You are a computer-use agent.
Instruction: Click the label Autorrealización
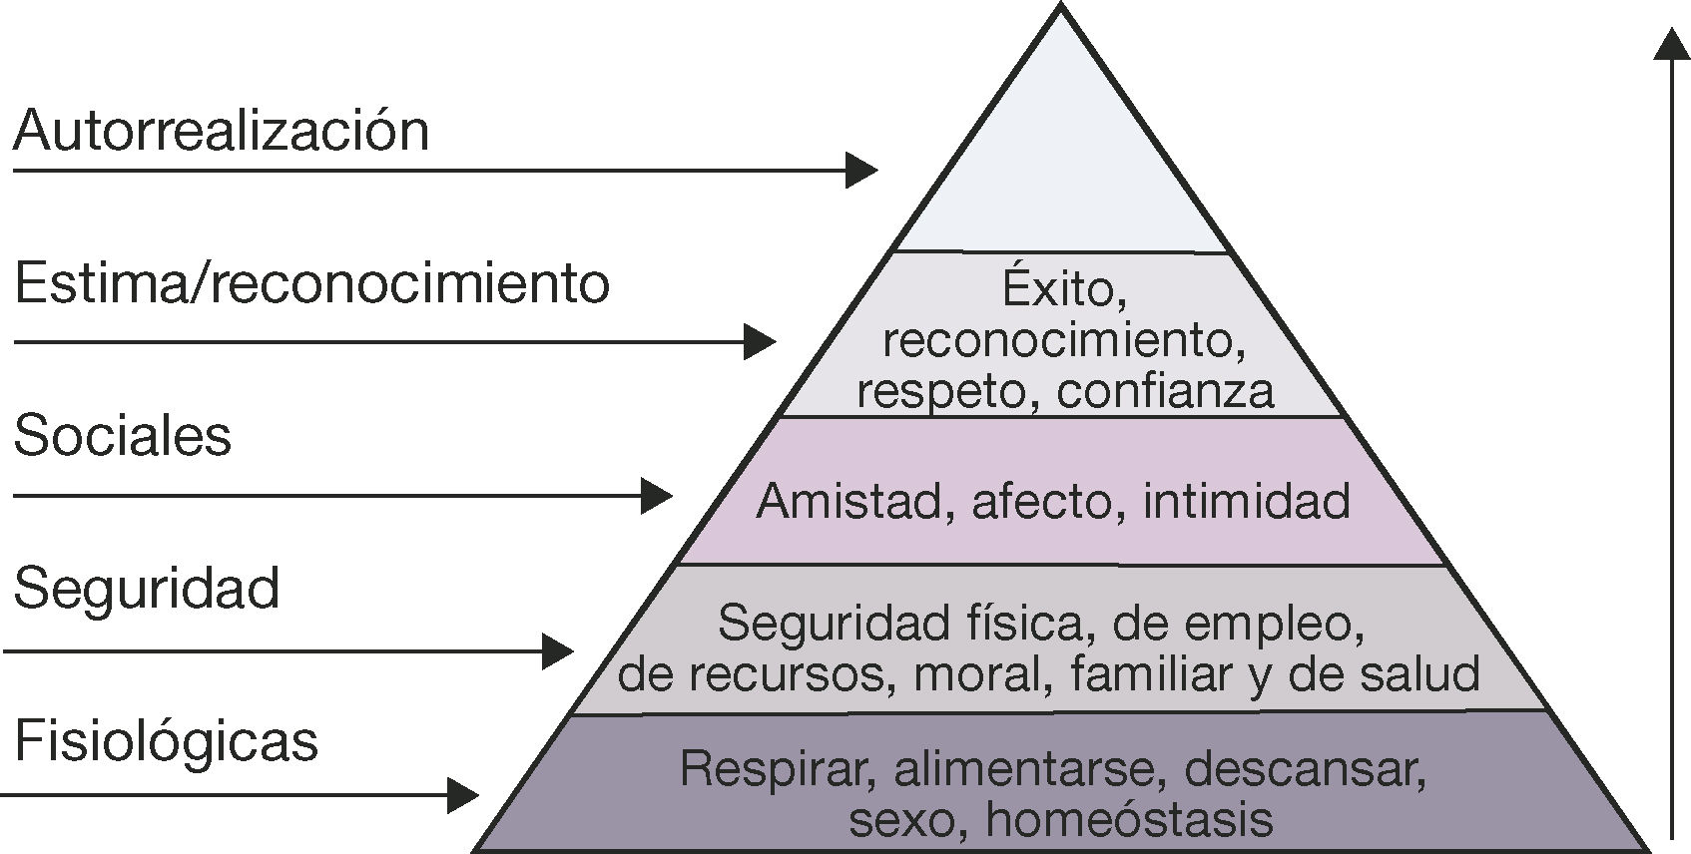tap(221, 131)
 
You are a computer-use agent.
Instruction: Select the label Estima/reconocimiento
tap(311, 283)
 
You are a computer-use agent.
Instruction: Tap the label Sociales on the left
tap(122, 436)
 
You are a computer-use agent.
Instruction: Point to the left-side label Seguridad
tap(146, 588)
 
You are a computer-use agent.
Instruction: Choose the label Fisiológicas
tap(166, 741)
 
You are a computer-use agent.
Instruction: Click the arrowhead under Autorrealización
tap(860, 170)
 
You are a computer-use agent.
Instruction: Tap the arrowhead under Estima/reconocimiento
tap(760, 341)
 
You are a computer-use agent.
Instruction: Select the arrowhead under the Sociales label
tap(656, 495)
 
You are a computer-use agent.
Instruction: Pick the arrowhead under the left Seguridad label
tap(557, 651)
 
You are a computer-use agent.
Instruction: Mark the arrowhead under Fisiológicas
tap(462, 795)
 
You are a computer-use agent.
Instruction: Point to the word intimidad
tap(1246, 501)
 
